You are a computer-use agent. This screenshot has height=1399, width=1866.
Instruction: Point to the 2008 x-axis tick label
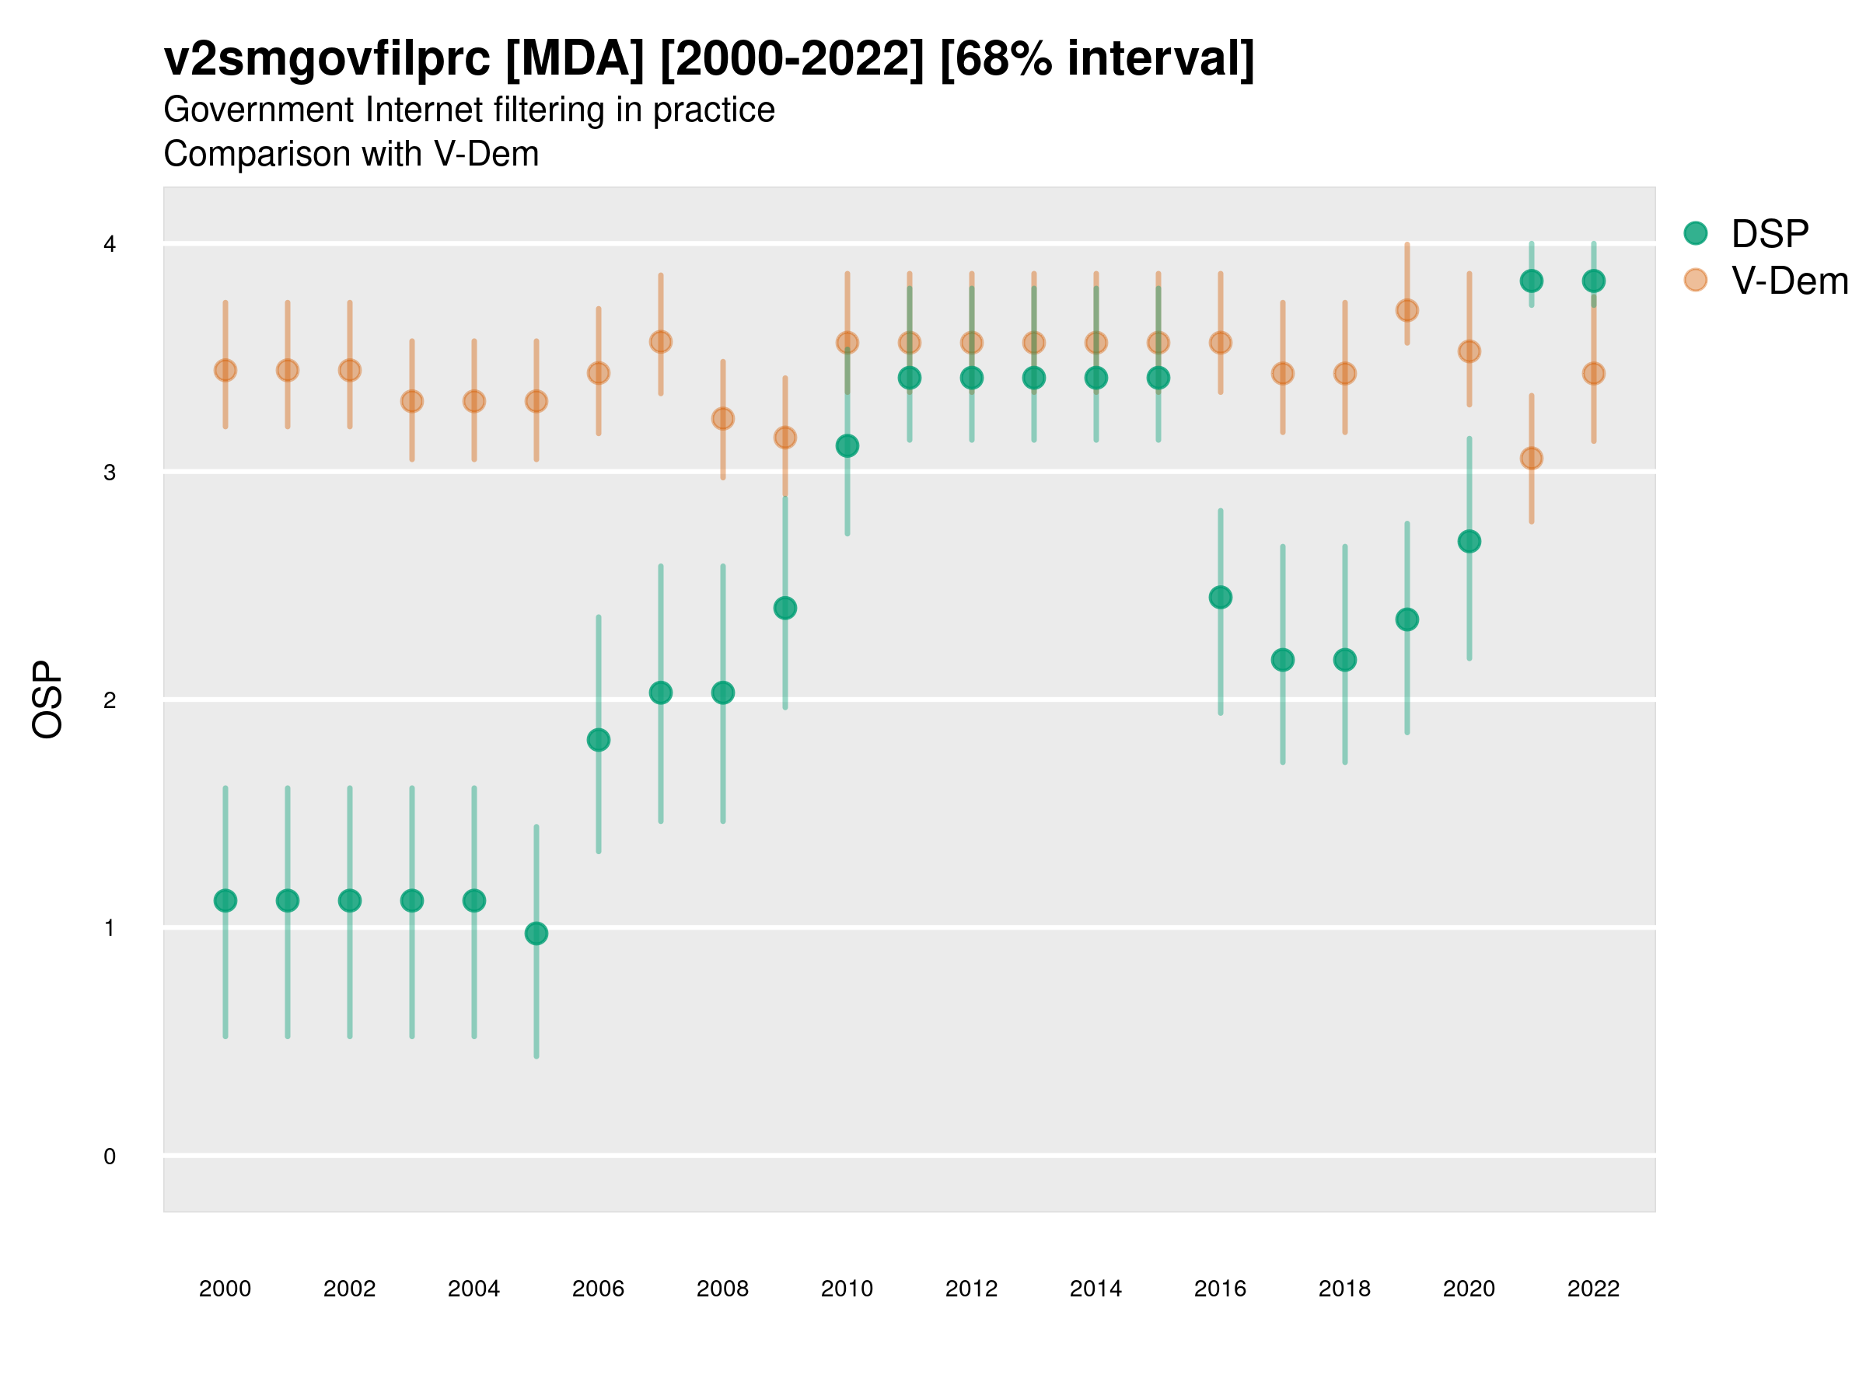722,1289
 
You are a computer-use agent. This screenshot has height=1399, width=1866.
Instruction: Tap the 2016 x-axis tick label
1220,1289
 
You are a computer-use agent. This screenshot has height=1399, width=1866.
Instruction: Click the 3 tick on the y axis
110,473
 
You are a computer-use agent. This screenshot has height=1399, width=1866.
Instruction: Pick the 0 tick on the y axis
110,1157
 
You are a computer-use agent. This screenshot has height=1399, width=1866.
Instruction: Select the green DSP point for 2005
536,933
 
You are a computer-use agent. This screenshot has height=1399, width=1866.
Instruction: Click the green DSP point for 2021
1531,281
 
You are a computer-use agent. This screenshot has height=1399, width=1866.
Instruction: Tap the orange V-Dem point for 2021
1531,458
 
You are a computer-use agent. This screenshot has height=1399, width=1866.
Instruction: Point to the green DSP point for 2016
1220,597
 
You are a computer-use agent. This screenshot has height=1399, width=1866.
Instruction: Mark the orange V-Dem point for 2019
1407,310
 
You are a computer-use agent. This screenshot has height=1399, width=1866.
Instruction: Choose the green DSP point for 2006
598,740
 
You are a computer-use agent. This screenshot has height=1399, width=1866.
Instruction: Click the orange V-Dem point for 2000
225,370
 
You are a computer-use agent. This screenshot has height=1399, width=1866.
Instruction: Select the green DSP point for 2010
847,445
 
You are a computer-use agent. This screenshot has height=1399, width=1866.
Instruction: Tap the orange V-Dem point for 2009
784,437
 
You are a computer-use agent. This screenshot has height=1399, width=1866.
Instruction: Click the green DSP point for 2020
1469,542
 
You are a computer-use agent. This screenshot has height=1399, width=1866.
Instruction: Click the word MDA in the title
575,59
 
